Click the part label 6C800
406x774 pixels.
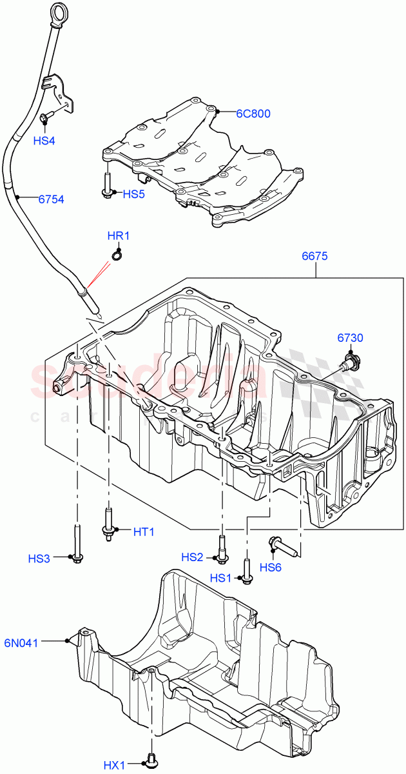[253, 114]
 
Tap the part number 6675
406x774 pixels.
[315, 256]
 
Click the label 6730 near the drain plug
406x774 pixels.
[350, 337]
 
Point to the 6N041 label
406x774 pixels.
[40, 642]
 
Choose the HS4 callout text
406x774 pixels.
[44, 140]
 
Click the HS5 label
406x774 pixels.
[135, 193]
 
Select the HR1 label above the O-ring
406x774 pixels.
[119, 236]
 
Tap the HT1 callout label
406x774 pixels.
[144, 531]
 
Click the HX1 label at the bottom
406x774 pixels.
[115, 766]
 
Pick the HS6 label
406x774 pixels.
[271, 567]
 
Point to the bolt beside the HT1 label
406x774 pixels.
[108, 524]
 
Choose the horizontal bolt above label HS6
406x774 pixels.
[282, 546]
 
